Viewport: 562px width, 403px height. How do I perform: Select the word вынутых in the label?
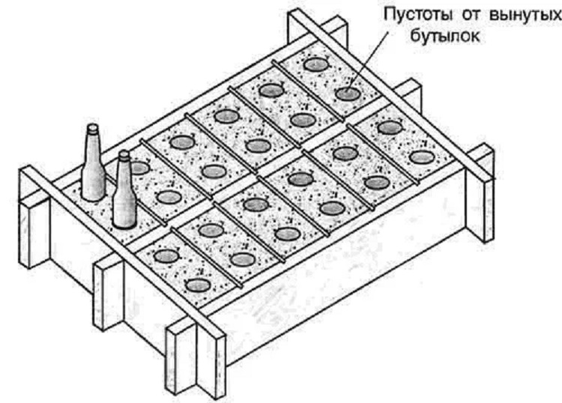pyautogui.click(x=524, y=16)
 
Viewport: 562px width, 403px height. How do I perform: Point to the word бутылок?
pyautogui.click(x=444, y=36)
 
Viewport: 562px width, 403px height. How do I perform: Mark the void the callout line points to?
pyautogui.click(x=347, y=94)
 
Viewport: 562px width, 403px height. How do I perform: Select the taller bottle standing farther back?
pyautogui.click(x=94, y=163)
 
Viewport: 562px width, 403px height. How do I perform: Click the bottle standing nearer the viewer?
pyautogui.click(x=124, y=190)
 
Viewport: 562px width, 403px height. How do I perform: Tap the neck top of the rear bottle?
pyautogui.click(x=93, y=128)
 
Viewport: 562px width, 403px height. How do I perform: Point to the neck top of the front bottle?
pyautogui.click(x=124, y=155)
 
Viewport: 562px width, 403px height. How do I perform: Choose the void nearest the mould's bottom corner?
pyautogui.click(x=198, y=285)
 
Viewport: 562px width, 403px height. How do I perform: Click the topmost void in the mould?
pyautogui.click(x=315, y=65)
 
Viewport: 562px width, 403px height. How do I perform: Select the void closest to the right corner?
pyautogui.click(x=422, y=157)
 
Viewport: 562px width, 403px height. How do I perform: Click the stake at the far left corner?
pyautogui.click(x=34, y=218)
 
